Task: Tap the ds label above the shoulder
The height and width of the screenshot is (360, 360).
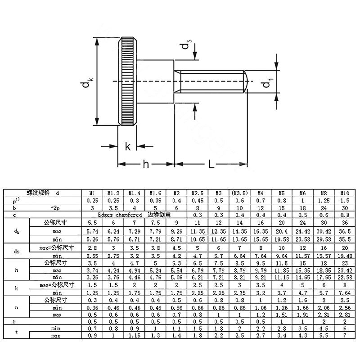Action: (x=186, y=44)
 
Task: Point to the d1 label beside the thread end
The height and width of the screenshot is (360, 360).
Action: (x=267, y=83)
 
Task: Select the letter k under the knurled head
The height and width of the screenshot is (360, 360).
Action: (x=128, y=146)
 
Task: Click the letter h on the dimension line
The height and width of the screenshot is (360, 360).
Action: (x=146, y=164)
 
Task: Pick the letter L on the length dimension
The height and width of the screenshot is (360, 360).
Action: (x=211, y=164)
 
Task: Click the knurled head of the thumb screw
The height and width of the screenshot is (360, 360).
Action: (x=127, y=81)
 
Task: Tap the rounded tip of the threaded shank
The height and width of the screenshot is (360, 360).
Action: (x=246, y=81)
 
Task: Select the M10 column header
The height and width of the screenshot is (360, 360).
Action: (x=345, y=193)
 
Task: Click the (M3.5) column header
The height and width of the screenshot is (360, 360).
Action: (x=239, y=193)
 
